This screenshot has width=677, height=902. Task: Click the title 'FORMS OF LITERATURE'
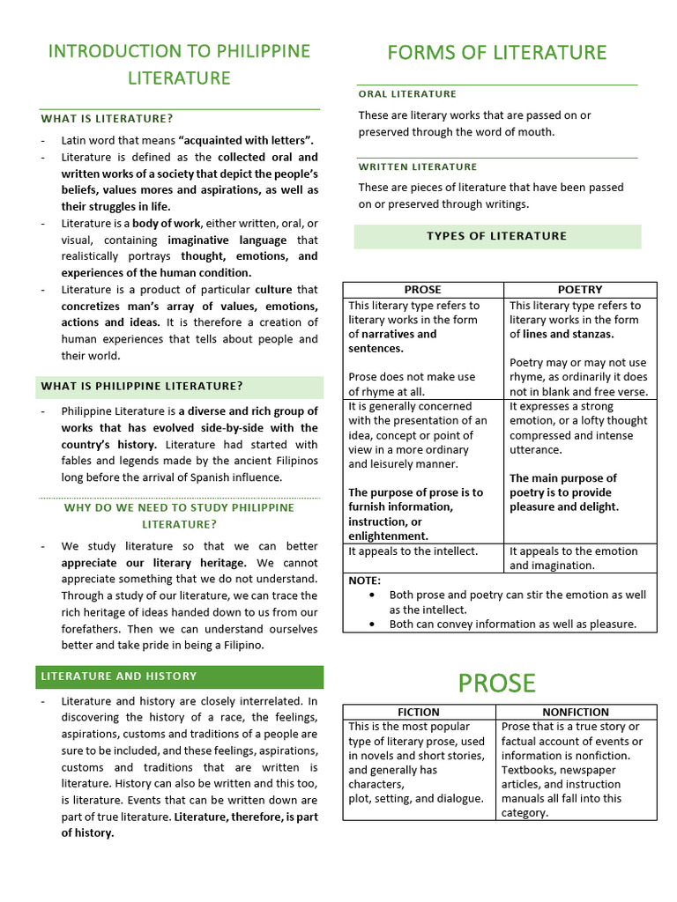pos(497,53)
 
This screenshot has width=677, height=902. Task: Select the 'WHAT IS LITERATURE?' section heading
pos(107,118)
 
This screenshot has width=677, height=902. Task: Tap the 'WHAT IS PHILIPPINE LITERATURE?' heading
pos(140,386)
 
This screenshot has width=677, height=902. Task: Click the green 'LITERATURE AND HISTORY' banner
pos(116,676)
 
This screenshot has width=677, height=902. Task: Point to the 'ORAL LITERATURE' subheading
pos(407,93)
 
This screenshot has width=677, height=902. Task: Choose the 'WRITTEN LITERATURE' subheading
pos(418,166)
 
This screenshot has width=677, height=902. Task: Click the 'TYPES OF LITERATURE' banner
pos(497,236)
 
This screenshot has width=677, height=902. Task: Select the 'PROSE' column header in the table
pos(422,289)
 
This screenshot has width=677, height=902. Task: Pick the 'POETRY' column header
pos(580,289)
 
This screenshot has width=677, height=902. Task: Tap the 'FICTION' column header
pos(419,712)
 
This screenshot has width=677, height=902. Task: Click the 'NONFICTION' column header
pos(576,712)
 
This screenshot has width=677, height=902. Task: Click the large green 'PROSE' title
pos(497,683)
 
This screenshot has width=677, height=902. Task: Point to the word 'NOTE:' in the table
pos(365,580)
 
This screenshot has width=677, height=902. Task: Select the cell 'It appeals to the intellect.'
pos(413,551)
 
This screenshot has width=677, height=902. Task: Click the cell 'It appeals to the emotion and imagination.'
pos(573,558)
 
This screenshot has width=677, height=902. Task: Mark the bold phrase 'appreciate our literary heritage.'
pos(153,562)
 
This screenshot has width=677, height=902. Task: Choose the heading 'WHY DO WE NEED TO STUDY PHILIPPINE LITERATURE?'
pos(179,515)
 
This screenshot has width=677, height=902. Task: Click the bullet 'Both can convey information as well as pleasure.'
pos(512,624)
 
